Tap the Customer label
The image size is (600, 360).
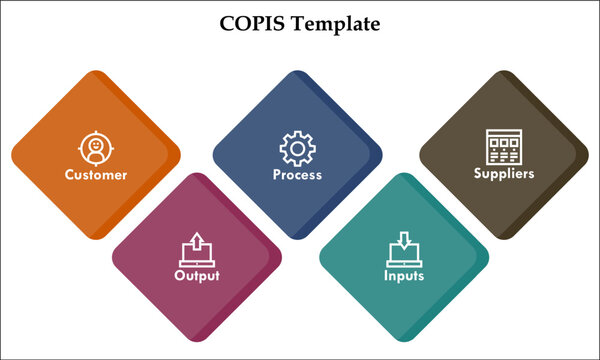96,175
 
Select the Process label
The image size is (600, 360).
297,175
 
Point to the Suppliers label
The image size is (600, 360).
504,173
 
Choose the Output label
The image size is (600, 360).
196,275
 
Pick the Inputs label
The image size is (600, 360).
404,275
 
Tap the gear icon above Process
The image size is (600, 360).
296,149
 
